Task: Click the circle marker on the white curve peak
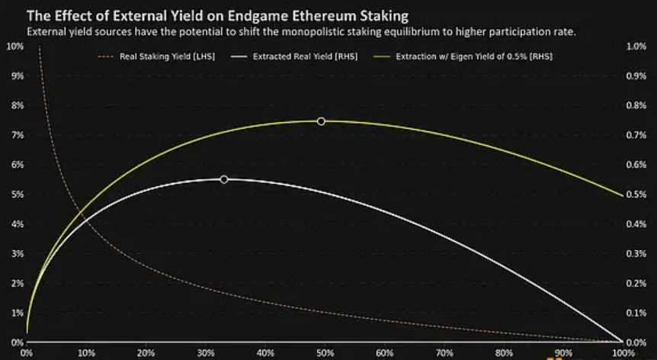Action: [223, 179]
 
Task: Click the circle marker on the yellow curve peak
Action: [321, 121]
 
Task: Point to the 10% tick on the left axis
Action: [14, 47]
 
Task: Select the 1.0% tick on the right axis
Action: [635, 47]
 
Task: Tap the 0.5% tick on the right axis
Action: [635, 194]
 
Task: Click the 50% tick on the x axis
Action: [325, 353]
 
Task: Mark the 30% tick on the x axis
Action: [206, 353]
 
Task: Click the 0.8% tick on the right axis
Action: [635, 105]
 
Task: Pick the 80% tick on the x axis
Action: [503, 353]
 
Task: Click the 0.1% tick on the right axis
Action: [635, 313]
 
